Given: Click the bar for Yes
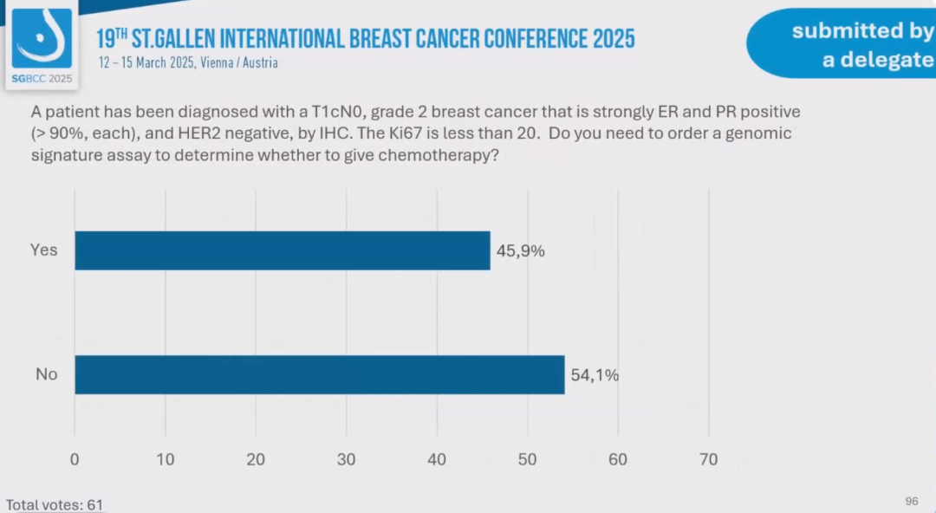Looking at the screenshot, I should coord(283,250).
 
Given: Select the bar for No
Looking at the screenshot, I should coord(320,374).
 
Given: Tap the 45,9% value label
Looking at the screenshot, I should coord(520,250).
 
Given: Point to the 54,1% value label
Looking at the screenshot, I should coord(595,375).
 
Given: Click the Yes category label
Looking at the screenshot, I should coord(43,250).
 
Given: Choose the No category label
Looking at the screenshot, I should coord(46,374).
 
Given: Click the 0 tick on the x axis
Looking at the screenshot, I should coord(75,459).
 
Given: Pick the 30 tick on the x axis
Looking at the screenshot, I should coord(346,459).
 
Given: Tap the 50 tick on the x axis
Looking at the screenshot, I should coord(527,459).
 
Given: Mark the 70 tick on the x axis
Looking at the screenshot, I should coord(708,459).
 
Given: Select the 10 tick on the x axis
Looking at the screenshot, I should coord(165,459).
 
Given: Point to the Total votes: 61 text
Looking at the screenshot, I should coord(55,504).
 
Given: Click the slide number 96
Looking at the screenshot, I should coord(911,501).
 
